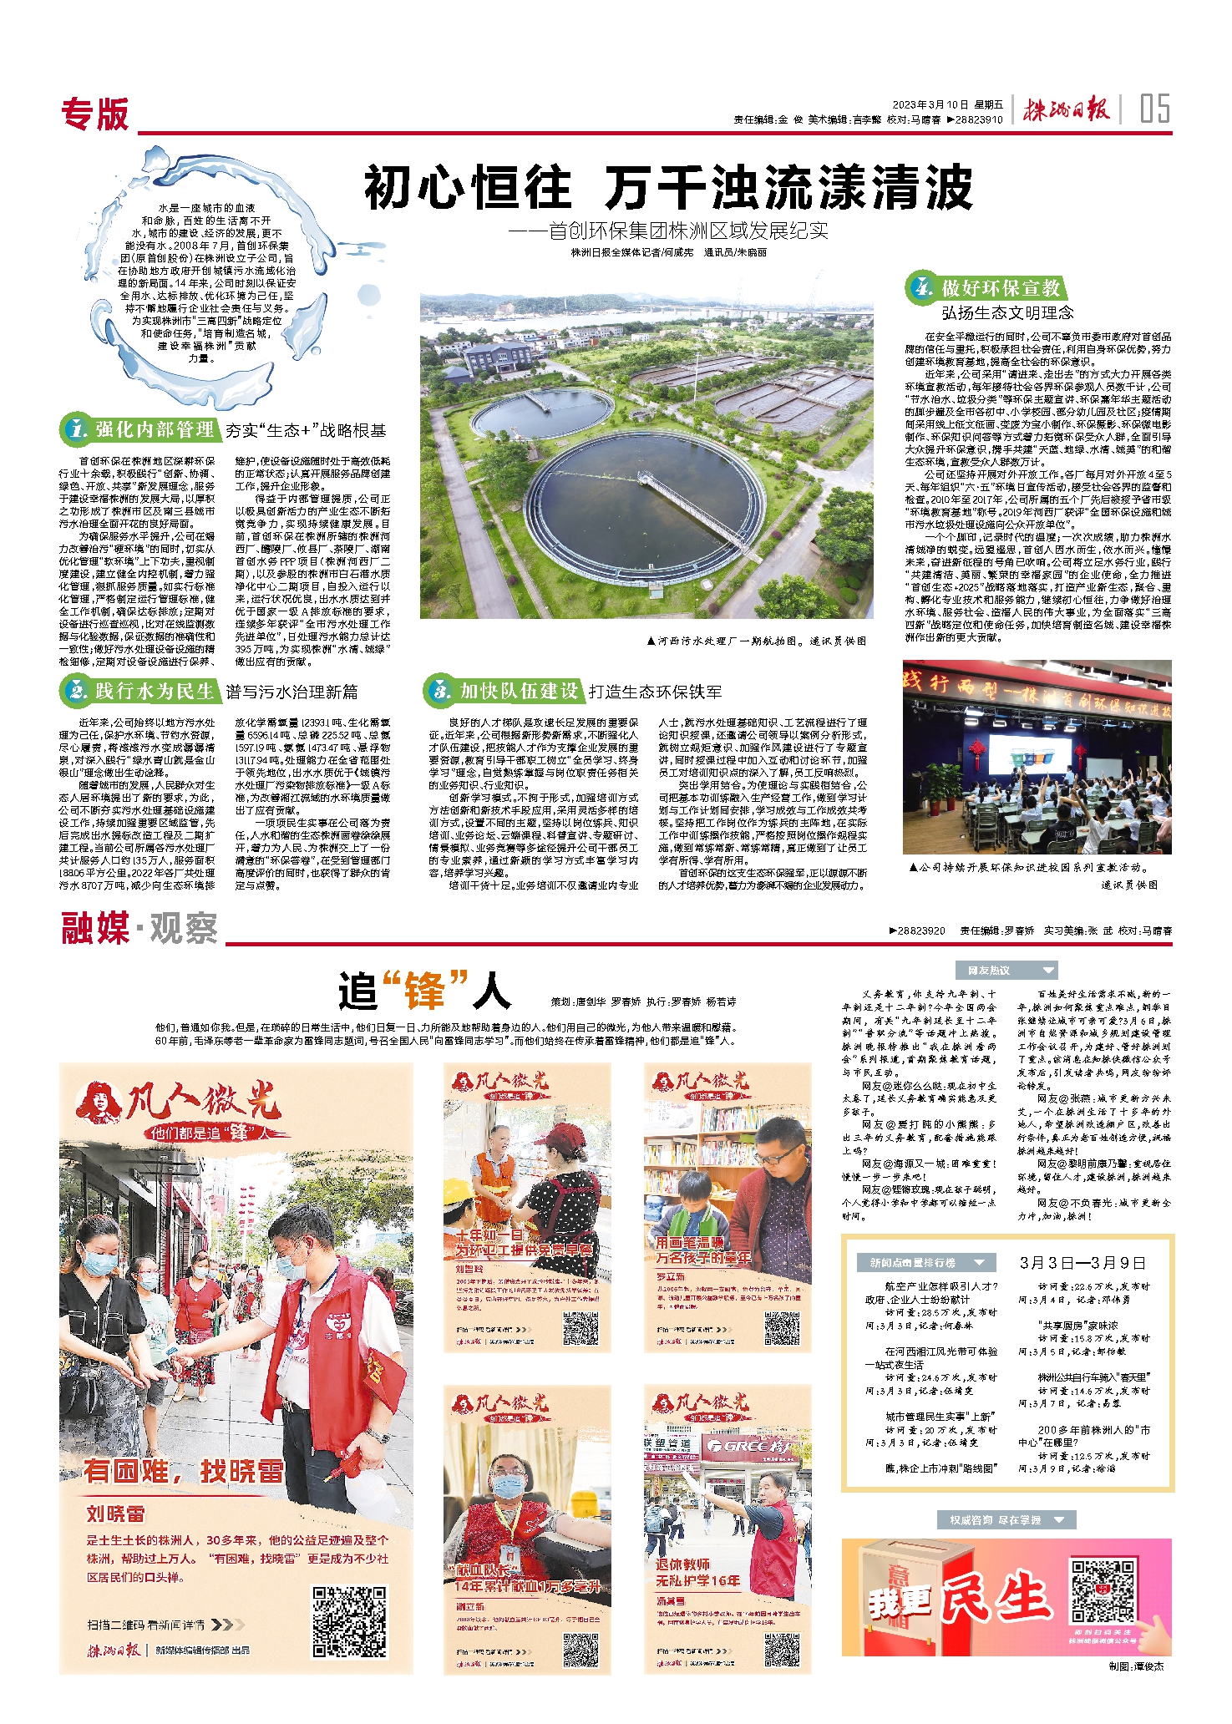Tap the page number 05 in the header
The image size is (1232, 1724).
tap(1154, 109)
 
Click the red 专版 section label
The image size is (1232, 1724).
tap(95, 114)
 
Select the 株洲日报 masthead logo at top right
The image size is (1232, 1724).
tap(1067, 109)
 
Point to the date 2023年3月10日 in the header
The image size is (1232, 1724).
tap(930, 105)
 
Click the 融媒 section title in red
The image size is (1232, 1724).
tap(94, 929)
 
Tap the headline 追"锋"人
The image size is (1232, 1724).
tap(424, 991)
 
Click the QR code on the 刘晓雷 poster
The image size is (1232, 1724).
tap(349, 1622)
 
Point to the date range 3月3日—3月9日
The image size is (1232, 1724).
tap(1082, 1263)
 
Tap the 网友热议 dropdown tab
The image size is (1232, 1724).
tap(1006, 971)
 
